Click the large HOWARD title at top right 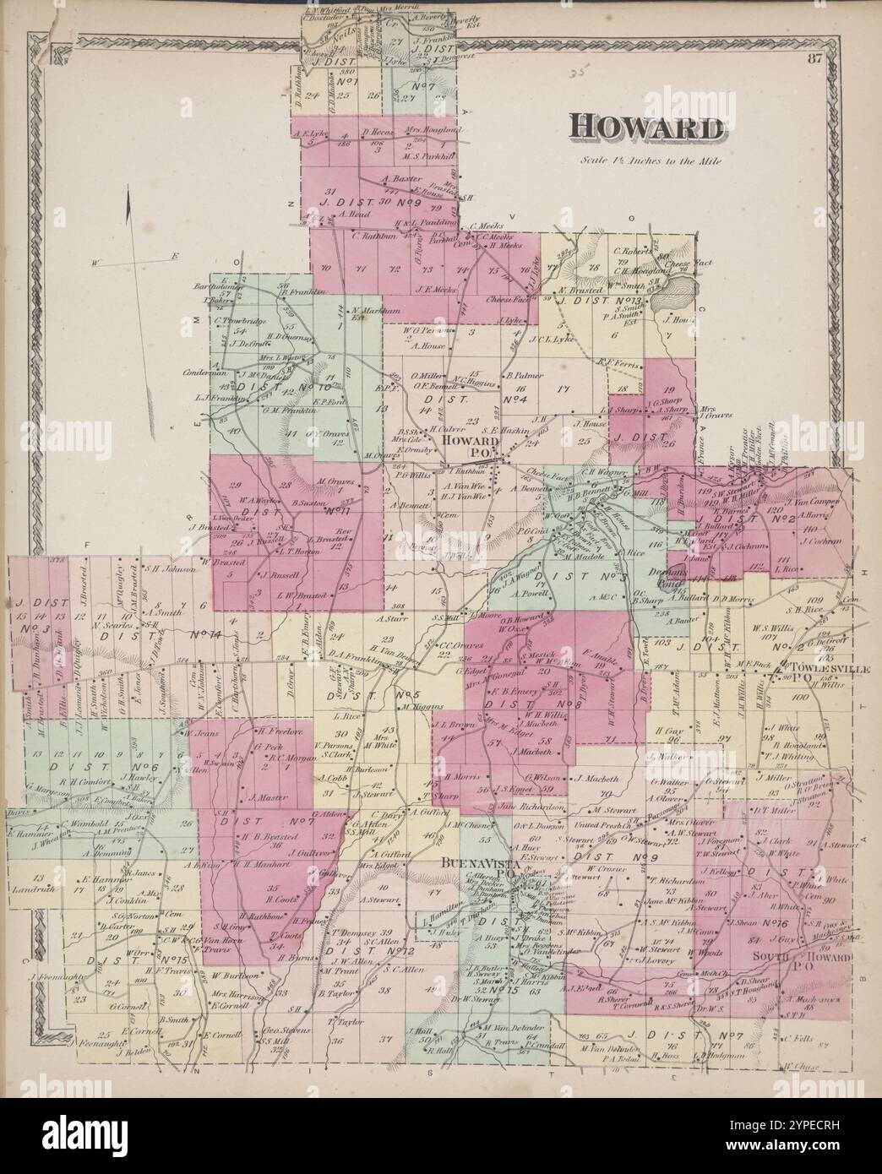(x=647, y=128)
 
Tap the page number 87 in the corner (x=814, y=58)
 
